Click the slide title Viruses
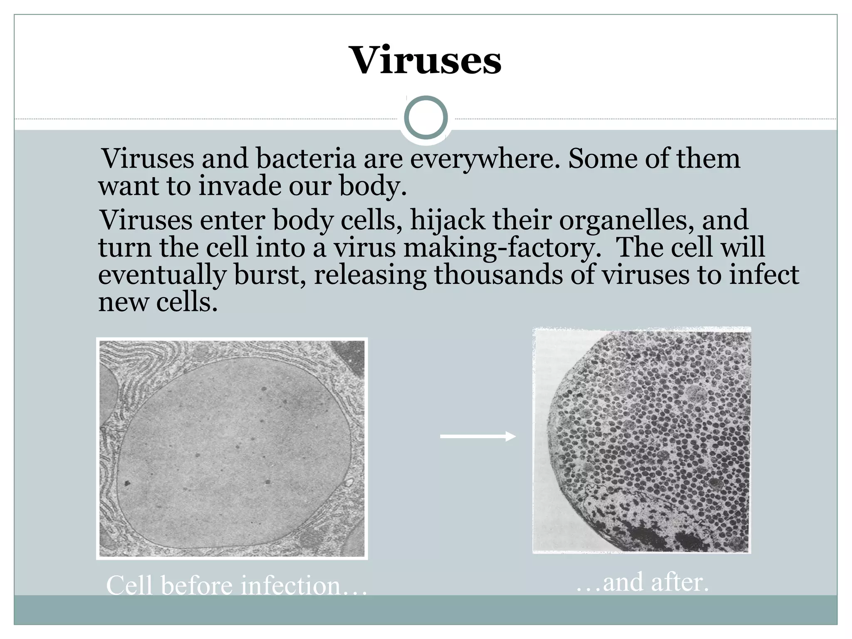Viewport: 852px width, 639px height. coord(426,61)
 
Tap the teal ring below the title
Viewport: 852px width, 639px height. coord(426,118)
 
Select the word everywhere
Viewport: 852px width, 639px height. coord(485,160)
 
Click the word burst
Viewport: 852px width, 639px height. coord(270,275)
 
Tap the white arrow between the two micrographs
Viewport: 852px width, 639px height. coord(478,436)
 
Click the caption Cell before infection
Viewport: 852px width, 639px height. coord(236,585)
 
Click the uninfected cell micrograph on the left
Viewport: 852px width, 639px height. coord(232,448)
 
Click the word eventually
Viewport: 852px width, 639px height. coord(162,276)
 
